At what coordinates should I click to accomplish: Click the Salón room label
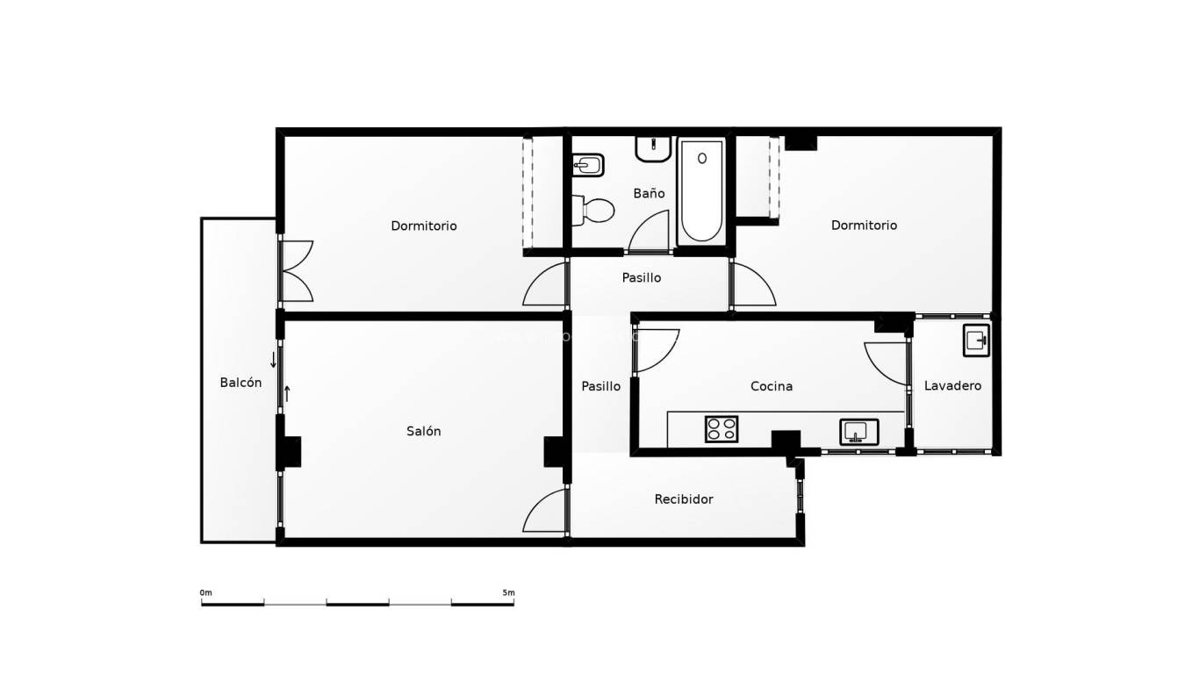(x=423, y=431)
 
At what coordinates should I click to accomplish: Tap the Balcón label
(x=241, y=383)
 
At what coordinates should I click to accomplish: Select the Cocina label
(x=772, y=386)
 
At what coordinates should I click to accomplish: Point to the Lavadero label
(x=952, y=386)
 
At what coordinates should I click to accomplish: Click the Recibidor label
(x=684, y=499)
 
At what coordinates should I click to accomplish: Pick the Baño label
(x=649, y=193)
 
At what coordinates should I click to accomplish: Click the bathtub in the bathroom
(x=700, y=190)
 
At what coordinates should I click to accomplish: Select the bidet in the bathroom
(x=586, y=164)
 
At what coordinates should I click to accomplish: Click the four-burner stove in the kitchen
(x=722, y=429)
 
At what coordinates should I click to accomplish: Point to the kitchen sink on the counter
(x=858, y=432)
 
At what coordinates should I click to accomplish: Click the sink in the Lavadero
(x=975, y=341)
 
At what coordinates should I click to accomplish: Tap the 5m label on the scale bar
(x=508, y=593)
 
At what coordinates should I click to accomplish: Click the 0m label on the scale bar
(x=206, y=593)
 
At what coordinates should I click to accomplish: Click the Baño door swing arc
(x=650, y=232)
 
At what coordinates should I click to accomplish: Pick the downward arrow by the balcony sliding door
(x=273, y=360)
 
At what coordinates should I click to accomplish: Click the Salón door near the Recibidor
(x=546, y=512)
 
